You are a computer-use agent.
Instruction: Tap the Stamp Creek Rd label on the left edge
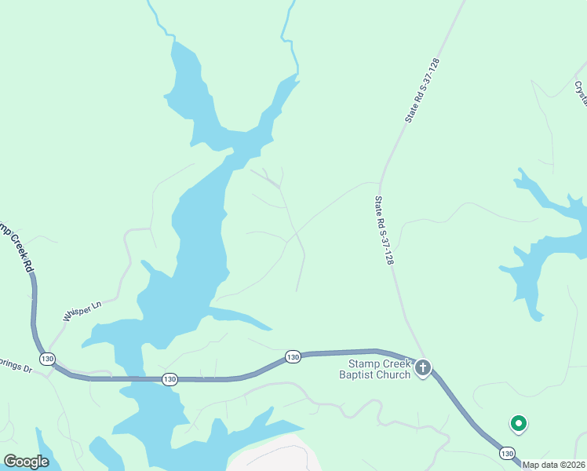(16, 249)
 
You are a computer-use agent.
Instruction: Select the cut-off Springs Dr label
(16, 367)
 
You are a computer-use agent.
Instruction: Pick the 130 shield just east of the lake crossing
(170, 379)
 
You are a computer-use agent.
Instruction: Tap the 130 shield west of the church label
(293, 357)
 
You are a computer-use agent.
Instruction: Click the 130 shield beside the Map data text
(507, 453)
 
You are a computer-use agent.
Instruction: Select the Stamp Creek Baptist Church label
(375, 369)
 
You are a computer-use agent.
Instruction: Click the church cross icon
(423, 367)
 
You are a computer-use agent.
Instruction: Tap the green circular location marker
(518, 423)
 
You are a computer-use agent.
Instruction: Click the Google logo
(26, 462)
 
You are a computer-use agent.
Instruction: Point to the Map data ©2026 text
(554, 465)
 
